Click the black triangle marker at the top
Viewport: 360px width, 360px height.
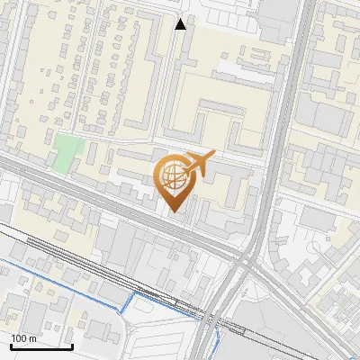click(181, 24)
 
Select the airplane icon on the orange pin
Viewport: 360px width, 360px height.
click(199, 164)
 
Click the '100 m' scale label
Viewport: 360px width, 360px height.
click(24, 338)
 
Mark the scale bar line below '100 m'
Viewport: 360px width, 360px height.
click(41, 346)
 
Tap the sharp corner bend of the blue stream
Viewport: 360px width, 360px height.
click(134, 293)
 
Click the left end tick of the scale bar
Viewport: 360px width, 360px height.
click(11, 345)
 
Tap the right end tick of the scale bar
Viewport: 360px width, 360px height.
click(72, 345)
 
